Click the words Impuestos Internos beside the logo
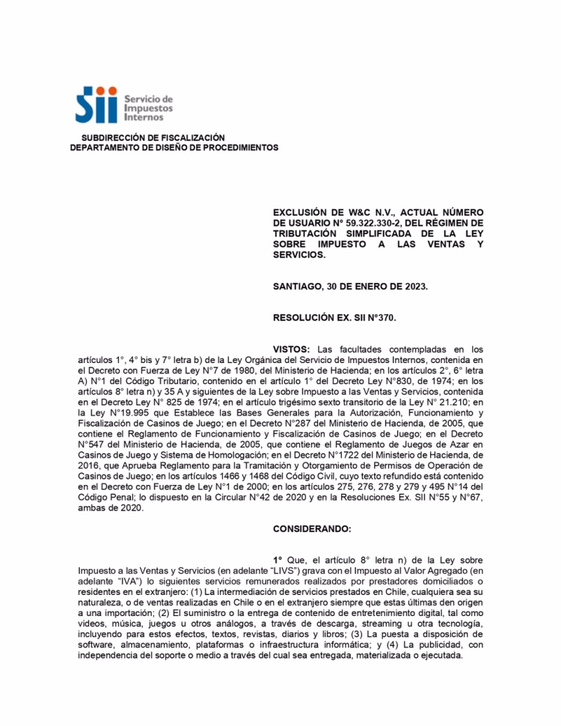point(148,112)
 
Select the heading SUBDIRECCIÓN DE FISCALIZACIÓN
point(153,138)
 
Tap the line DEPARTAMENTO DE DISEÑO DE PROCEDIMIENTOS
point(174,147)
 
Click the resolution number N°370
point(380,318)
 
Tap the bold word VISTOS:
point(292,349)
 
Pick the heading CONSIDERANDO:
point(311,528)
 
